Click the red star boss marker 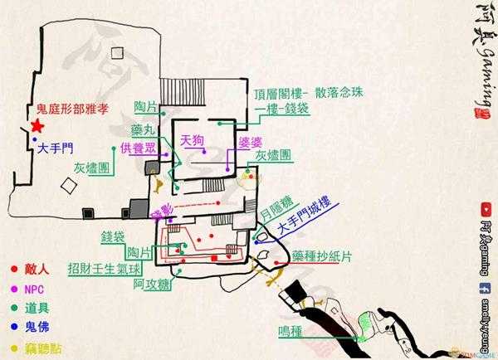pyautogui.click(x=37, y=126)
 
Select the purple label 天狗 pyautogui.click(x=192, y=140)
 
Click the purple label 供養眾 pyautogui.click(x=137, y=147)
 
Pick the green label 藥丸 pyautogui.click(x=142, y=130)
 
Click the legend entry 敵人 pyautogui.click(x=39, y=270)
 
